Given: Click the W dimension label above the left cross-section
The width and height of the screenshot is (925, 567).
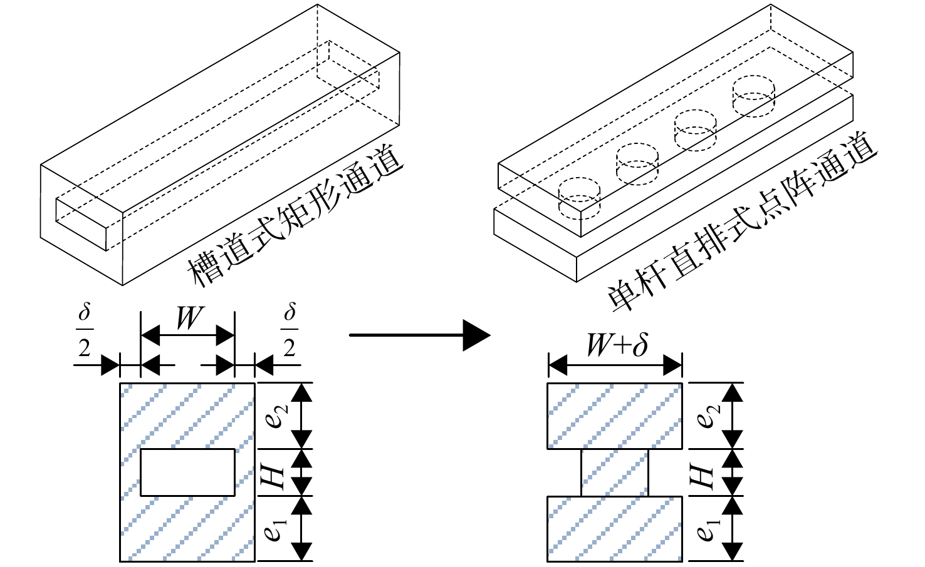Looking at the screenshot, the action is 189,318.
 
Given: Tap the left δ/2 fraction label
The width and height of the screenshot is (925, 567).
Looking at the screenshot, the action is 85,330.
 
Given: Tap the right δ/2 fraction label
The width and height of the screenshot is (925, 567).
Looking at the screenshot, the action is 290,330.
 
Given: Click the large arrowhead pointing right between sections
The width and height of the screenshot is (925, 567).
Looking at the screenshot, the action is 476,335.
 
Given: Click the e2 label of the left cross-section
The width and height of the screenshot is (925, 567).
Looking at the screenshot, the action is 276,416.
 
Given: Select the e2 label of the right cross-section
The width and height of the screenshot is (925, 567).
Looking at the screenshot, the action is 708,416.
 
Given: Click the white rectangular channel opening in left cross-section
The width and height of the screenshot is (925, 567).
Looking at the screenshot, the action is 188,472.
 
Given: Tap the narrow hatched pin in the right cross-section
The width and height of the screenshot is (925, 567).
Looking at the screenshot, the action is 615,472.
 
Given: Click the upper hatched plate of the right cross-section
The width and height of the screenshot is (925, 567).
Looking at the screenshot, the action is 615,416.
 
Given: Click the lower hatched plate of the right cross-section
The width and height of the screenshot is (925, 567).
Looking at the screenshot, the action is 615,529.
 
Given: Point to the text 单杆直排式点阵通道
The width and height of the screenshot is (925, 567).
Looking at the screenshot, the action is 741,223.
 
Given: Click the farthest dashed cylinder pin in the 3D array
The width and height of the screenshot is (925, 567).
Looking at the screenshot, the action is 754,96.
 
